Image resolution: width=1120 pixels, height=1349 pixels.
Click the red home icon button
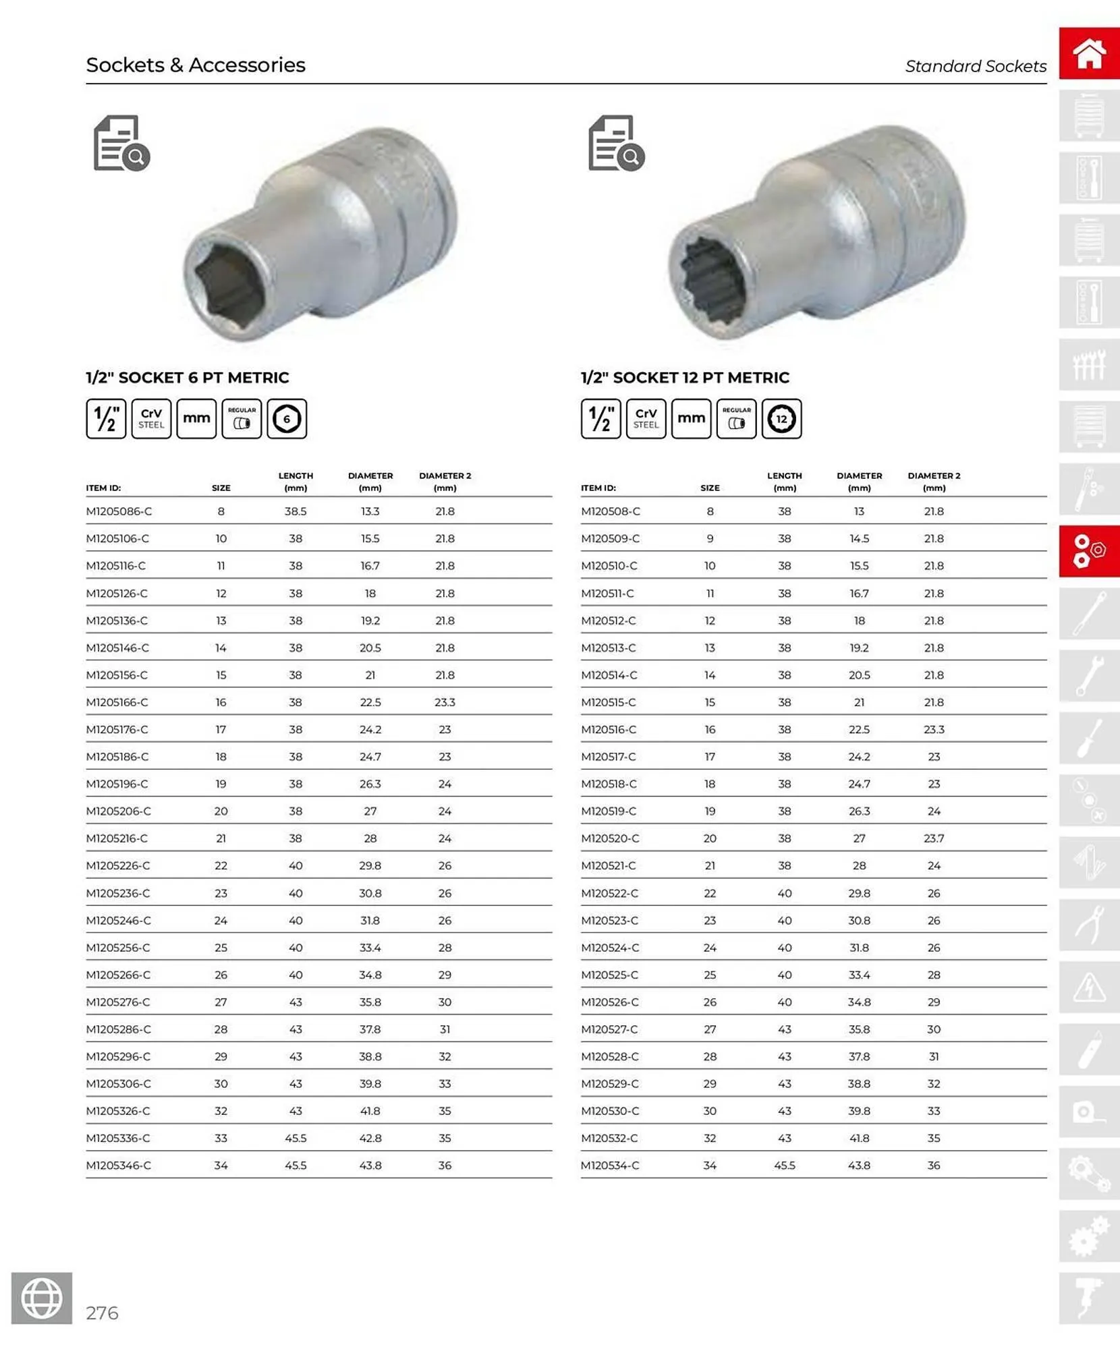(x=1088, y=53)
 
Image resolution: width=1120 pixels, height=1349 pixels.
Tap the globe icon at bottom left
(x=42, y=1298)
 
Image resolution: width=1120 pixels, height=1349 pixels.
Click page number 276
(x=102, y=1313)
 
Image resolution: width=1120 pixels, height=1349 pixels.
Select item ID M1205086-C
(x=119, y=511)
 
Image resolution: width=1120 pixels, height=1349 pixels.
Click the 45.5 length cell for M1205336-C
(x=296, y=1138)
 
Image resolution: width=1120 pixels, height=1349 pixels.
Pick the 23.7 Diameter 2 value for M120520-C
(x=934, y=838)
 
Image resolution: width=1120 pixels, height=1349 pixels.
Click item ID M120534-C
(x=610, y=1165)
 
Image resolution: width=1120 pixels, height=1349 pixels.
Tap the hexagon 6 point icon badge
(x=287, y=419)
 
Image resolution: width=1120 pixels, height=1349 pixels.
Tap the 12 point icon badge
(x=781, y=419)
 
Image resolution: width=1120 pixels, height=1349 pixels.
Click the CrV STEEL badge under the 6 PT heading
(x=151, y=419)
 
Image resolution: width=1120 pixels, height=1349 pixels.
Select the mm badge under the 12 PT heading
(x=691, y=419)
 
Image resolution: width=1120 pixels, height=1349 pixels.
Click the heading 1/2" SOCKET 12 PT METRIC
(x=685, y=378)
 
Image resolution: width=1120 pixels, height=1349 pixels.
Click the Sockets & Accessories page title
(x=196, y=65)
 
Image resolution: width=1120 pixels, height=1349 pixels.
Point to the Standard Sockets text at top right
(x=975, y=66)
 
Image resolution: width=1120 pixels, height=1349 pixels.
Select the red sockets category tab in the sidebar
(x=1088, y=551)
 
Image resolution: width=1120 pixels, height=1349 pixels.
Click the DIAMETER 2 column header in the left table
(x=445, y=481)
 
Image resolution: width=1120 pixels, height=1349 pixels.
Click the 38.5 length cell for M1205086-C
(x=296, y=511)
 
